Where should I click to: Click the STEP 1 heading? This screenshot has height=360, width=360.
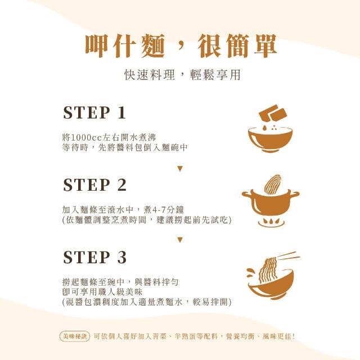click(x=94, y=112)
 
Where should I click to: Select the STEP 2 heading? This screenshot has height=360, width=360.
click(x=94, y=185)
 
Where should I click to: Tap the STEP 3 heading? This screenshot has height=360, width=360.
click(x=94, y=257)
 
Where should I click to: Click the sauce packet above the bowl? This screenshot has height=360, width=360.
click(x=273, y=114)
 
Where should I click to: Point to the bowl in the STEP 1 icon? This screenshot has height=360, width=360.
click(x=270, y=140)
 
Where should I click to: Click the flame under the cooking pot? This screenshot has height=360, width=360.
click(x=271, y=222)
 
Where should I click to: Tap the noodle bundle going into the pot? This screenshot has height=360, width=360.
click(x=273, y=184)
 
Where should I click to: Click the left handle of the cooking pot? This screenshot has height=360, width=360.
click(x=247, y=194)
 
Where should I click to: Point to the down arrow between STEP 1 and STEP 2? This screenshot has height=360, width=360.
click(x=180, y=169)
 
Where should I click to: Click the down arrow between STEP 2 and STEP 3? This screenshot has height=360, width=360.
click(x=180, y=240)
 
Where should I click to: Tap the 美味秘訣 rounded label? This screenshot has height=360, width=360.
click(x=75, y=336)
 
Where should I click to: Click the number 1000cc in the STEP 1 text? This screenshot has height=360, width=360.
click(x=85, y=137)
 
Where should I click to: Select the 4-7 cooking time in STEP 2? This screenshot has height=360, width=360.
click(x=159, y=210)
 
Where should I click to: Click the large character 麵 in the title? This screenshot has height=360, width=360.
click(x=152, y=46)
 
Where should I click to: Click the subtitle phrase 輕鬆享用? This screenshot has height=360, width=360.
click(x=215, y=75)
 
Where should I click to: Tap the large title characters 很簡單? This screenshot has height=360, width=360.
click(x=237, y=46)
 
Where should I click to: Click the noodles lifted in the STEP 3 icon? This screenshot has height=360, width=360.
click(x=268, y=270)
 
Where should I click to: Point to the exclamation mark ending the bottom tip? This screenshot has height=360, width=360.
click(x=293, y=336)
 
